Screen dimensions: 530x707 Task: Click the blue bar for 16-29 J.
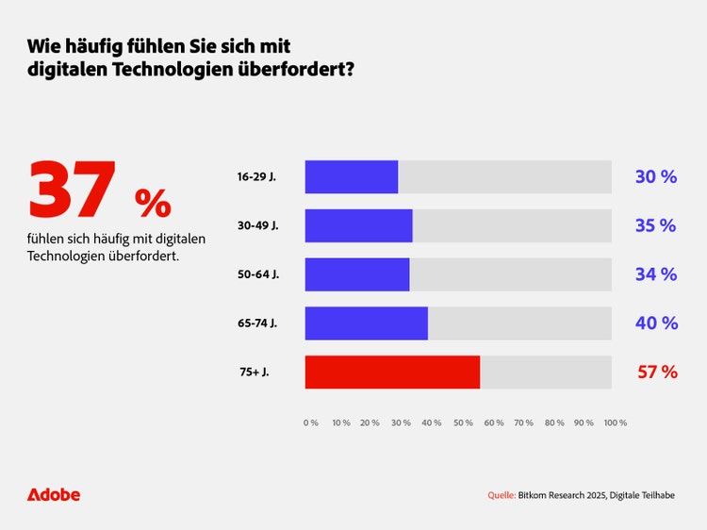coord(352,177)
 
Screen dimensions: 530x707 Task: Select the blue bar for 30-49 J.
coord(359,226)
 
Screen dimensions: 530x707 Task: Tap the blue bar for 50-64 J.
coord(357,274)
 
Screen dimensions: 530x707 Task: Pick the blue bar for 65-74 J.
coord(367,323)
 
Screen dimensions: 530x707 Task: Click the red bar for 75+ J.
coord(392,373)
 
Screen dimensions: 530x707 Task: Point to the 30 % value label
coord(656,177)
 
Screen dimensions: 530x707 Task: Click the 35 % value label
coord(656,226)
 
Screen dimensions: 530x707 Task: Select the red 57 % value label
coord(657,373)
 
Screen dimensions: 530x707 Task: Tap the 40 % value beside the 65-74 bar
coord(656,323)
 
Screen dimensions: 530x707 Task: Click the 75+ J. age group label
coord(254,373)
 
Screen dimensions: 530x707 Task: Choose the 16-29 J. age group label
coord(256,177)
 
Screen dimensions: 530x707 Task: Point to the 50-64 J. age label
coord(257,274)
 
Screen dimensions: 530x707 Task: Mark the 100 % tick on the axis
coord(616,423)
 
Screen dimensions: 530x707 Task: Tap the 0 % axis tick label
coord(310,423)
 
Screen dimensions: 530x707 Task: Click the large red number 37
coord(73,191)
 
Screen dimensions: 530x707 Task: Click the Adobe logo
coord(54,495)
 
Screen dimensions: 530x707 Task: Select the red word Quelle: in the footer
coord(501,495)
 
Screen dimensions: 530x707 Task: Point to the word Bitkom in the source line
coord(535,495)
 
